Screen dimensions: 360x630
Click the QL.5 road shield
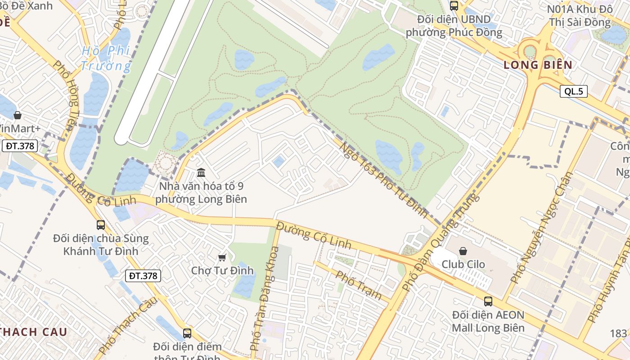[574, 91]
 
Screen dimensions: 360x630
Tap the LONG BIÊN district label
[538, 65]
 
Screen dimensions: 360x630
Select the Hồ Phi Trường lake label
[106, 58]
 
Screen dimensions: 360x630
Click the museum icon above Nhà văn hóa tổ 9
[201, 172]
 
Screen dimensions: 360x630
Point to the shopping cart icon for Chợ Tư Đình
[222, 257]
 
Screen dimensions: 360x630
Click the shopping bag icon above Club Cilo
[463, 251]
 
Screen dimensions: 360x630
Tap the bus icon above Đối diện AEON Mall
[488, 301]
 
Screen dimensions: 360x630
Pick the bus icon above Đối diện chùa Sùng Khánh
[101, 225]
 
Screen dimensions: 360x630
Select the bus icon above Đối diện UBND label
[454, 6]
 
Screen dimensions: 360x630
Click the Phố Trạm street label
[359, 285]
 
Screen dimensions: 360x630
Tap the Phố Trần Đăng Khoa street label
[265, 298]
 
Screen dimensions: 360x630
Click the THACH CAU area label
[34, 332]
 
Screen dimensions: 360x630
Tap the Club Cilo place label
[463, 264]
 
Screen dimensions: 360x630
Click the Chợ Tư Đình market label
[222, 270]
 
